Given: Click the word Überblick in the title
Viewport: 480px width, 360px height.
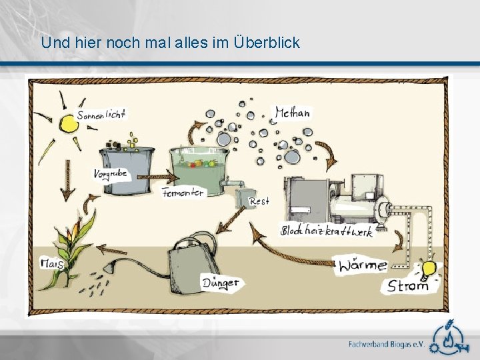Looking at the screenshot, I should click(267, 43).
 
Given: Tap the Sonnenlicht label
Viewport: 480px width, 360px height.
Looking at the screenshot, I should click(101, 115).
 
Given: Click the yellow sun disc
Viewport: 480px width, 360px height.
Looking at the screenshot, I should click(67, 124).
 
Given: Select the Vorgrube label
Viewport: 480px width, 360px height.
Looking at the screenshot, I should click(110, 175).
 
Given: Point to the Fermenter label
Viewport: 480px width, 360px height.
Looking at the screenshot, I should click(183, 192).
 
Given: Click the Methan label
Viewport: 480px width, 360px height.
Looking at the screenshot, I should click(292, 113).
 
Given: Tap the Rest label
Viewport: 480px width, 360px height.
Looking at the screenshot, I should click(259, 201).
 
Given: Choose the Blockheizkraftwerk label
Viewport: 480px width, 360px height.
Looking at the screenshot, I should click(327, 231).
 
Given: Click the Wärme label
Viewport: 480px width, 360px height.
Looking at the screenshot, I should click(362, 265).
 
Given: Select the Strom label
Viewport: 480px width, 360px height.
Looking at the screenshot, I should click(408, 287).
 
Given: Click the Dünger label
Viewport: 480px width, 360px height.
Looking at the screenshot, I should click(220, 283).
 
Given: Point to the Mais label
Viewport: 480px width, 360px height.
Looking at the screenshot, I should click(51, 264).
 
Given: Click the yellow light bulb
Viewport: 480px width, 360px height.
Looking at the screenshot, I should click(428, 269).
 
